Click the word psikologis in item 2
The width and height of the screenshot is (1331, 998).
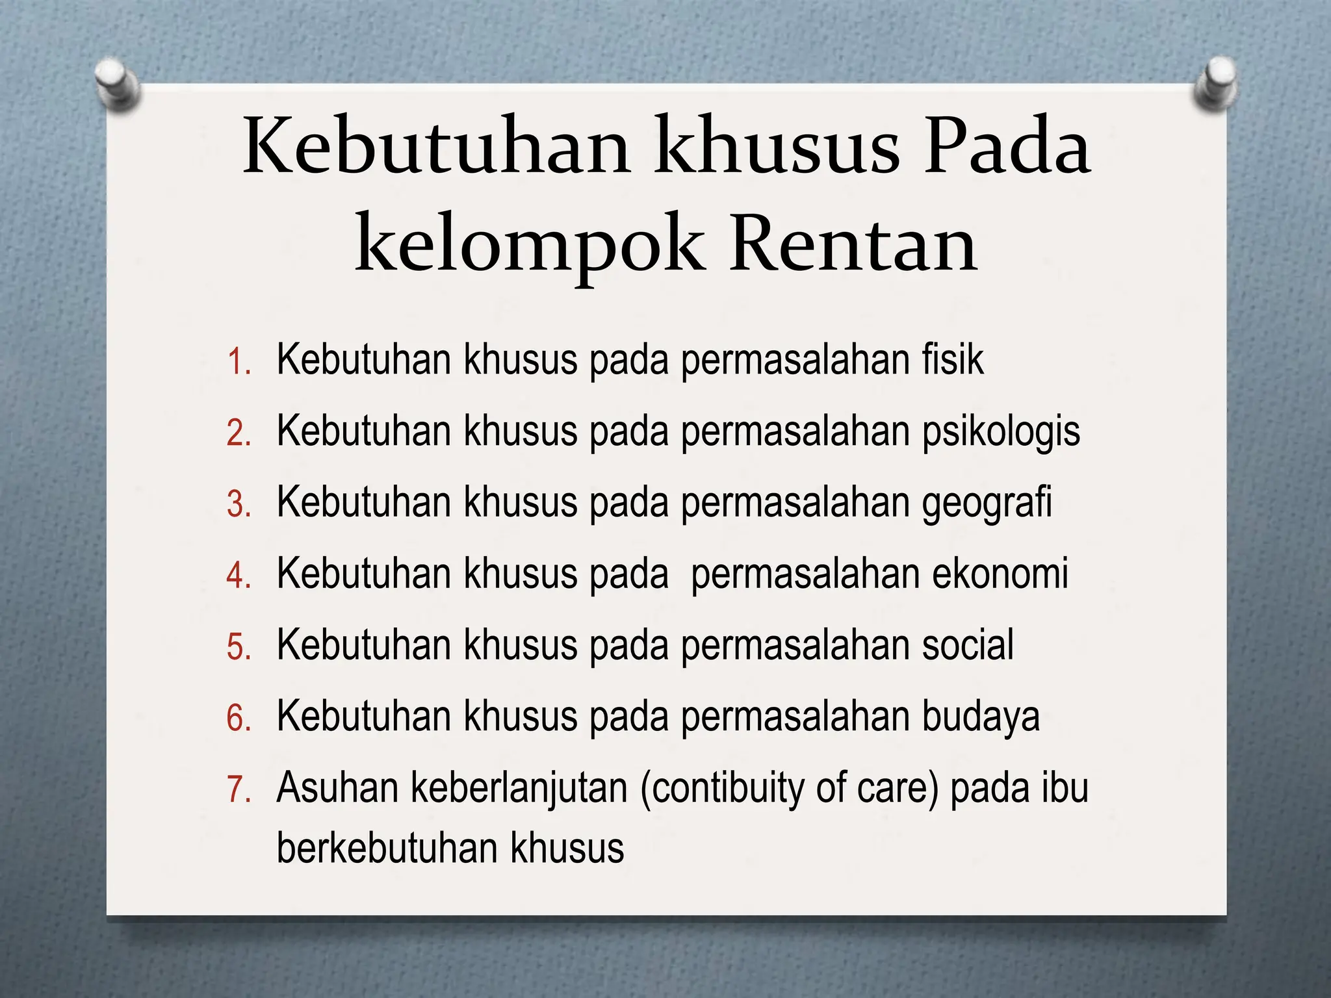(x=1001, y=432)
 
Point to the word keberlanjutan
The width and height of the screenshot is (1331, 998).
(x=519, y=789)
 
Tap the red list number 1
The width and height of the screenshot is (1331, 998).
(x=238, y=362)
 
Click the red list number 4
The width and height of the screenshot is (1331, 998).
(x=238, y=576)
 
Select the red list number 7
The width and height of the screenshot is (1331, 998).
(x=238, y=790)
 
